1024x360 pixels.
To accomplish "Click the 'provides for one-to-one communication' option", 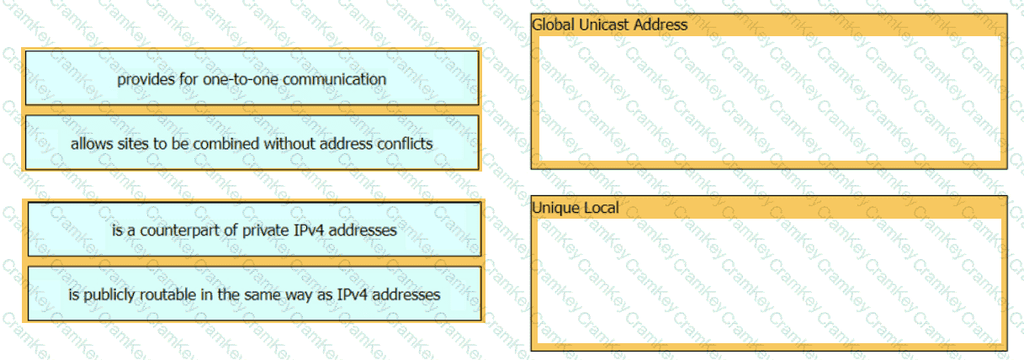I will coord(252,78).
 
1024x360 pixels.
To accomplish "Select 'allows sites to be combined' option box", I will coord(252,143).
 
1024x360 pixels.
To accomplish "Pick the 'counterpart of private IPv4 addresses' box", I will coord(254,229).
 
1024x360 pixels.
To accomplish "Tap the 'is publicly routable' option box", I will coord(254,294).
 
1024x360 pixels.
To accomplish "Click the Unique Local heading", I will coord(576,208).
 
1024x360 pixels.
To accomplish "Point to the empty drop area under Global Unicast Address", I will coord(767,96).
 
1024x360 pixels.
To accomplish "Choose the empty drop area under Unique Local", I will coord(767,279).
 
